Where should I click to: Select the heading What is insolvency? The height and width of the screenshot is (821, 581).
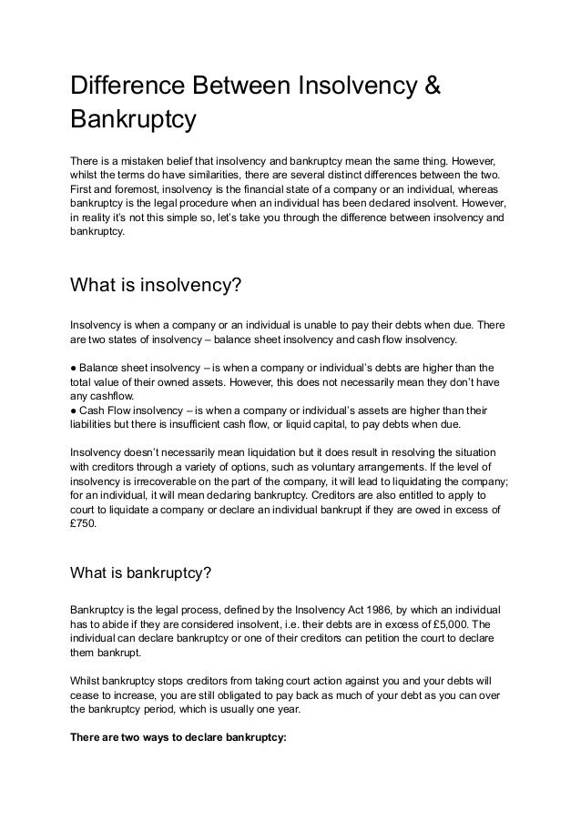pyautogui.click(x=156, y=286)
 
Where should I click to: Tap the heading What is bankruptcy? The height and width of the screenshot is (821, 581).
pyautogui.click(x=141, y=573)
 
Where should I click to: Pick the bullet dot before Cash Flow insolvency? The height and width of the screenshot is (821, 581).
pyautogui.click(x=74, y=410)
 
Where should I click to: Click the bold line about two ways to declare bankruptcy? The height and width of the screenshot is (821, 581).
pyautogui.click(x=178, y=738)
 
